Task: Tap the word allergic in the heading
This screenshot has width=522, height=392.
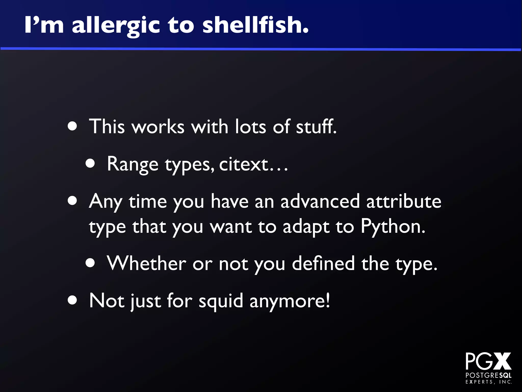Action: tap(116, 26)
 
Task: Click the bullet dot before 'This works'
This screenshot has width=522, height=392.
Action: tap(72, 126)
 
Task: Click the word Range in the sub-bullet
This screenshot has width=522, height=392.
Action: tap(133, 164)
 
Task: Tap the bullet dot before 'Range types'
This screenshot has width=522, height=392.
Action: tap(90, 163)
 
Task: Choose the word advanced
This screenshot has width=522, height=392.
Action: tap(320, 201)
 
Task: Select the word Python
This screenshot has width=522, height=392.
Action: tap(393, 227)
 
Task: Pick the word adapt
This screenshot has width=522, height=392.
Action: tap(306, 227)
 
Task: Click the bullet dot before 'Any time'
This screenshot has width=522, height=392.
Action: tap(72, 201)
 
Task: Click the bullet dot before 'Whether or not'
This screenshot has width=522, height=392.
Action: tap(90, 263)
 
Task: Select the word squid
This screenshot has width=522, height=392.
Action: tap(221, 301)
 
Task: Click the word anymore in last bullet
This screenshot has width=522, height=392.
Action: tap(289, 301)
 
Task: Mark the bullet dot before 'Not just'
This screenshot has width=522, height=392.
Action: tap(72, 300)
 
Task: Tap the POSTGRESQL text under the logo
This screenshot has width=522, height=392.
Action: tap(488, 376)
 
